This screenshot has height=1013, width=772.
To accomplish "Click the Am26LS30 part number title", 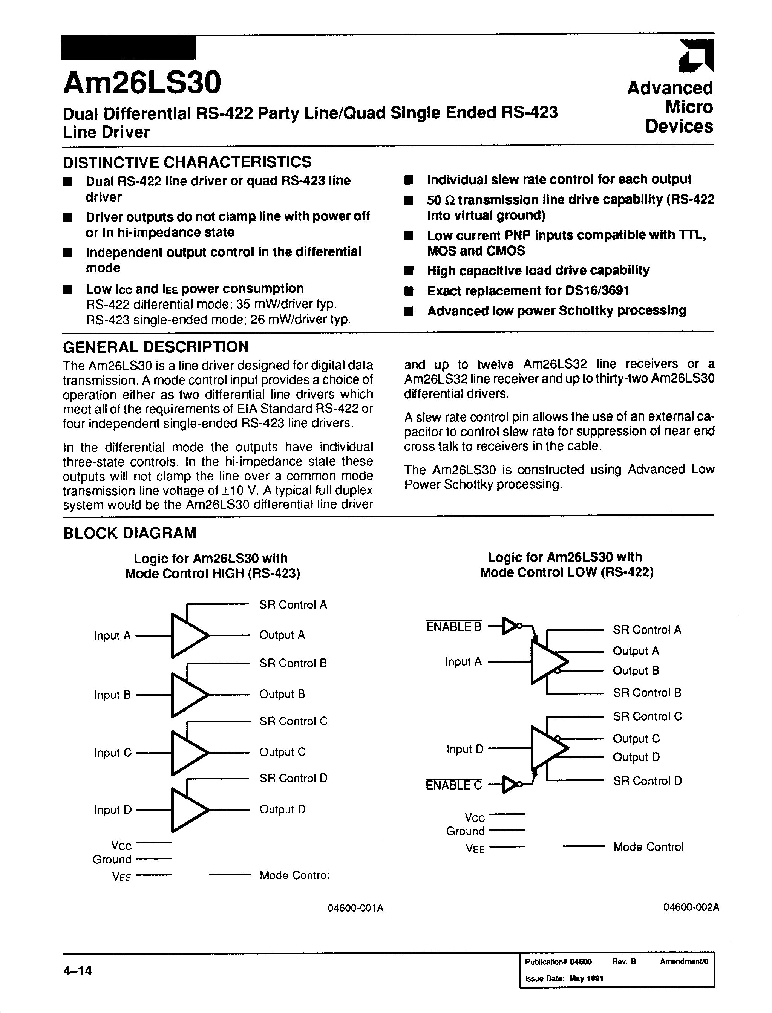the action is point(142,82).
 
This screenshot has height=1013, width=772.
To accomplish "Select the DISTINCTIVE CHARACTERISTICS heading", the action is point(187,162).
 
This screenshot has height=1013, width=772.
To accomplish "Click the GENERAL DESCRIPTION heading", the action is point(156,346).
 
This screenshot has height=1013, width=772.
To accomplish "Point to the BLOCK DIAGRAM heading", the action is point(130,533).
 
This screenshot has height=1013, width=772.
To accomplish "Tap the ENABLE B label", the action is point(454,626).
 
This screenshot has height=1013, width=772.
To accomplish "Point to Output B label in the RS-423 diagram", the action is point(282,694).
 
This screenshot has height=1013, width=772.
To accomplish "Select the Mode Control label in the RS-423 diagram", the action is point(294,875).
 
